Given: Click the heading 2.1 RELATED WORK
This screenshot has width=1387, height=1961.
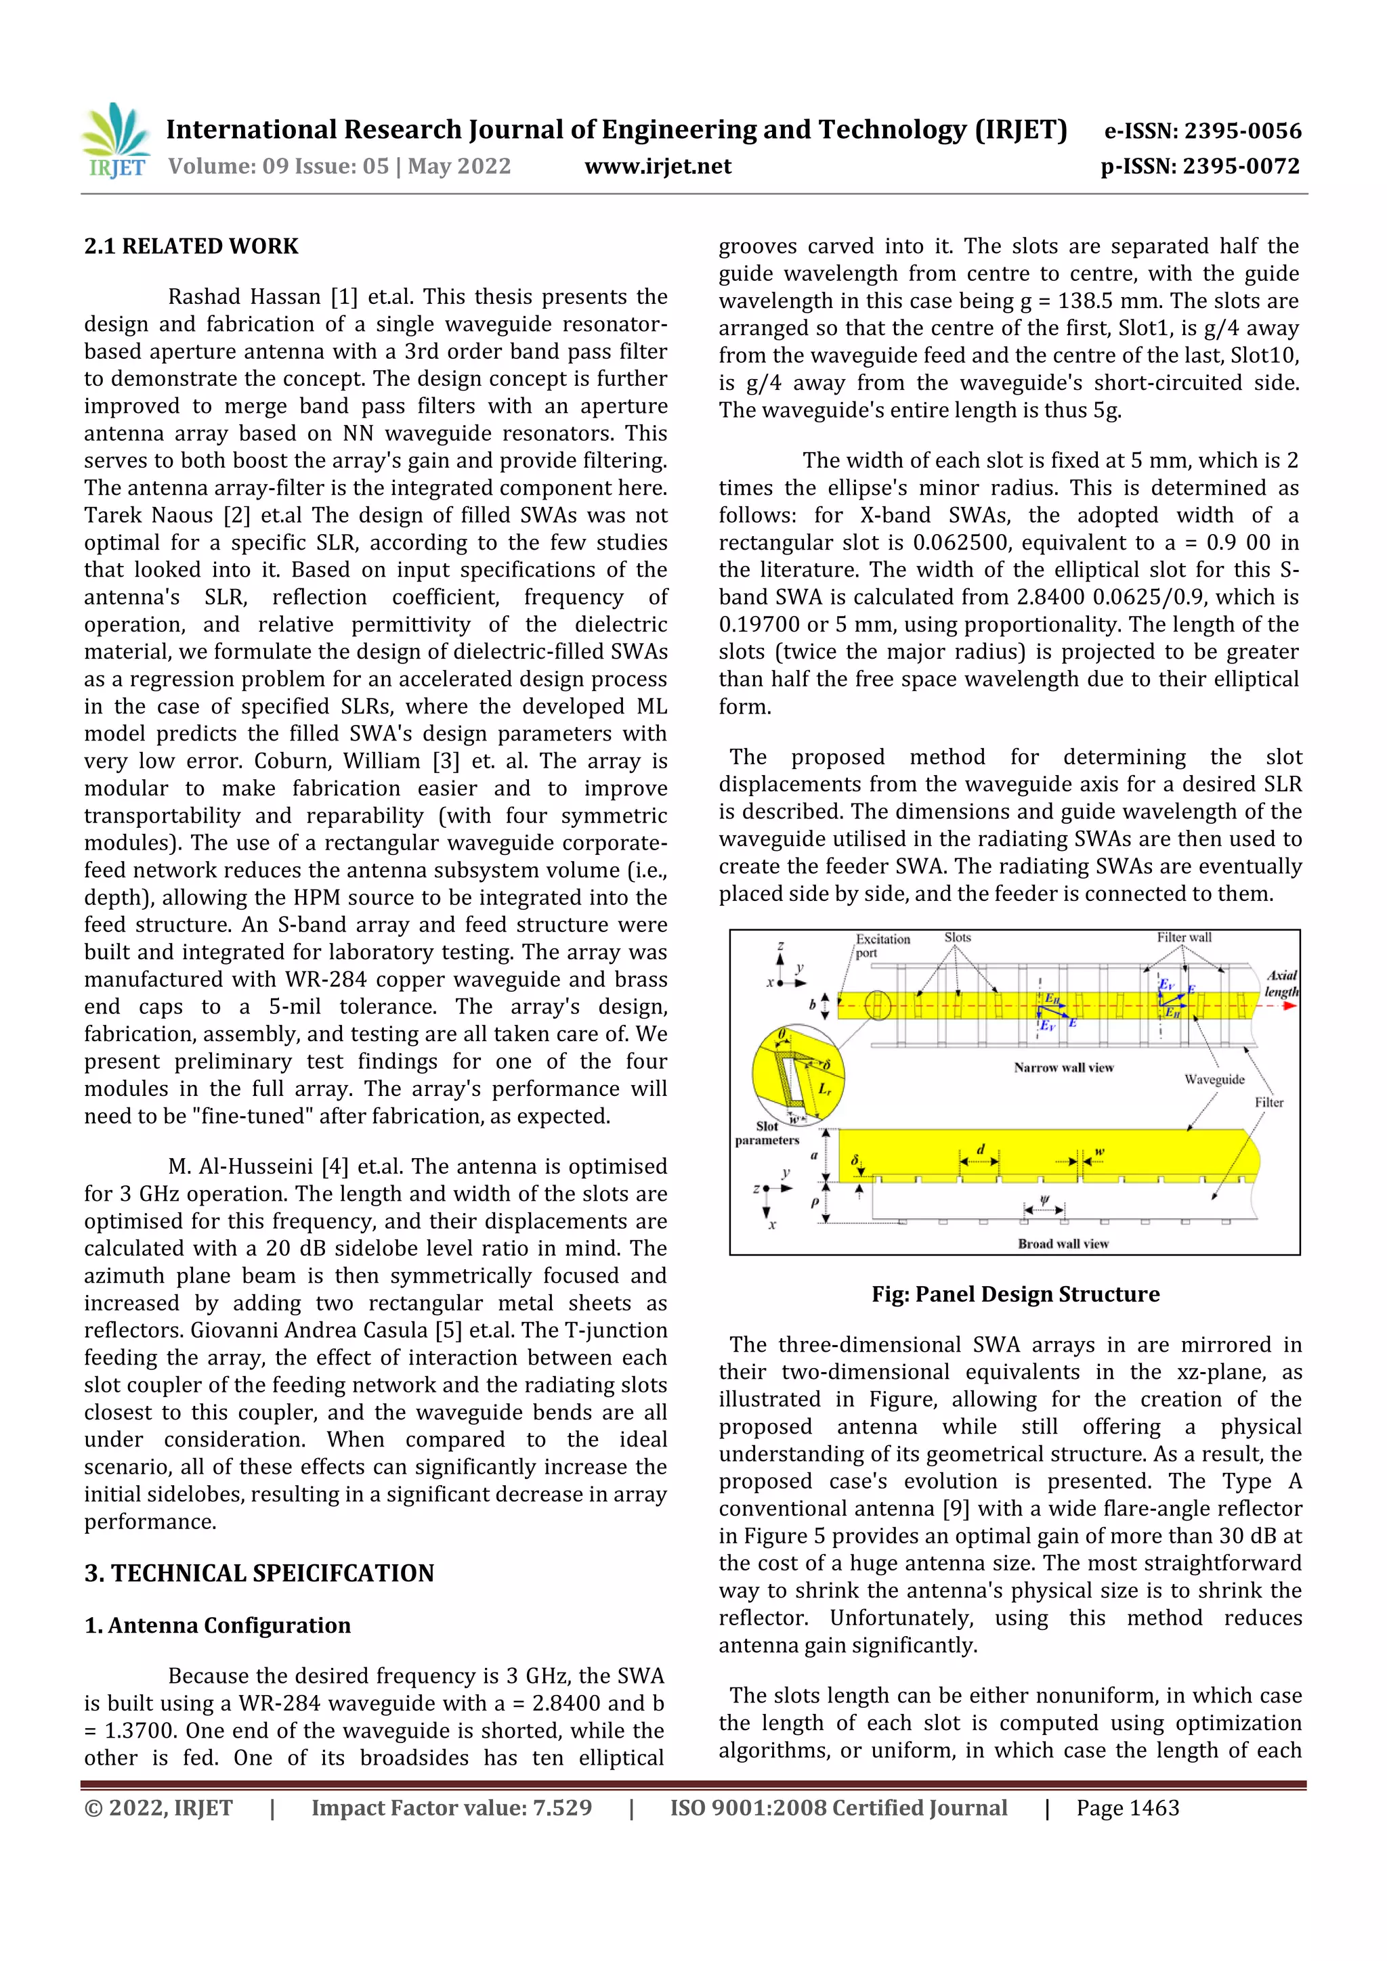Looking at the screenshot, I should point(192,247).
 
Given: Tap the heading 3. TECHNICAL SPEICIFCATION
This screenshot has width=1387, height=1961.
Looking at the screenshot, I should point(259,1573).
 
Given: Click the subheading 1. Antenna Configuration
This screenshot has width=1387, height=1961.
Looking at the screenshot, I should point(218,1625).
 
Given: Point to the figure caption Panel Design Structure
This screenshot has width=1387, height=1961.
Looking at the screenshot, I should point(1015,1294).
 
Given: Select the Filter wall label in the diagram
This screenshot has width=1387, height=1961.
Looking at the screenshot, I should point(1184,938).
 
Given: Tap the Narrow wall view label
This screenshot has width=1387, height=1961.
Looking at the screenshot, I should point(1063,1067).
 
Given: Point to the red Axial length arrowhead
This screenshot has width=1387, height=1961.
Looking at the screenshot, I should point(1289,1005).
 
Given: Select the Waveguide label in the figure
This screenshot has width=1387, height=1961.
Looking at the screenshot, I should point(1214,1080).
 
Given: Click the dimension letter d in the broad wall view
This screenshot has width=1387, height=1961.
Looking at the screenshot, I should point(980,1149).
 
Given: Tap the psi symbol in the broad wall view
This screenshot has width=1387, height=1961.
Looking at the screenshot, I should point(1044,1200).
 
